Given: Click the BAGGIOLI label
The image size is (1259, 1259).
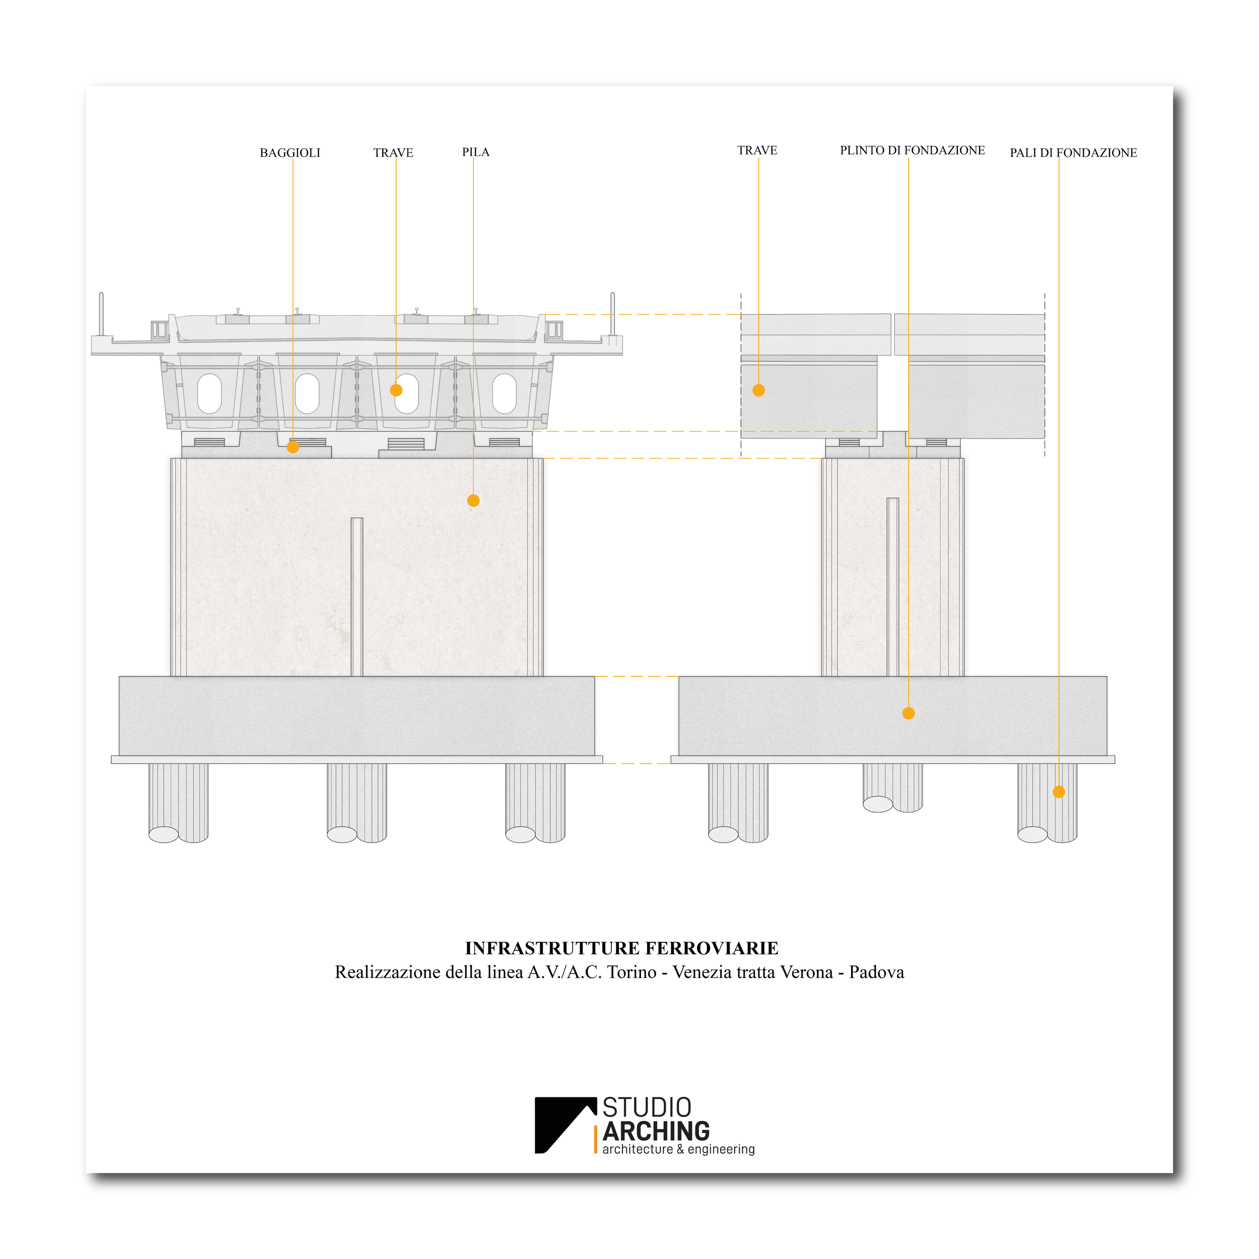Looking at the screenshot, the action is [290, 153].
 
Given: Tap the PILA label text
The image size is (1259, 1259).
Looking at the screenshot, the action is [476, 153].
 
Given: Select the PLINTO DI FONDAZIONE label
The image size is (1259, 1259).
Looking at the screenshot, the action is [913, 151].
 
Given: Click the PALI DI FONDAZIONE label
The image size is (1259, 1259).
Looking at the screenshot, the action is [1073, 153].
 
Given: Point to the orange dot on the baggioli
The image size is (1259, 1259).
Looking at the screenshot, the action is [293, 447].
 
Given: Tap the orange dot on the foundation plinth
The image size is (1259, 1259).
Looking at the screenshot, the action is [908, 714].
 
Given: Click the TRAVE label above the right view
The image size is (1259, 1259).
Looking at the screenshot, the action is [757, 151].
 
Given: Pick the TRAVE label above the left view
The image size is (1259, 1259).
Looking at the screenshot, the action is [393, 153].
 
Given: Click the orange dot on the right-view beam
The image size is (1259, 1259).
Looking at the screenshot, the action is [758, 390].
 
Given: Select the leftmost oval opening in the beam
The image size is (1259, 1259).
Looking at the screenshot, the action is [209, 394].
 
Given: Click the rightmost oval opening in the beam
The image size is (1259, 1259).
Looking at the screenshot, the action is [505, 394].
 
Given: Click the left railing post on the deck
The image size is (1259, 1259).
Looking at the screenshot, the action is [101, 314].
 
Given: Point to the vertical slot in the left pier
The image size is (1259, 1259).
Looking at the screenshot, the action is [357, 596].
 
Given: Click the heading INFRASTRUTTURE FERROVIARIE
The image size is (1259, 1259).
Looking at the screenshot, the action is [621, 949].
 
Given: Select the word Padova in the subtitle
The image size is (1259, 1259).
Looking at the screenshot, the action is [876, 973].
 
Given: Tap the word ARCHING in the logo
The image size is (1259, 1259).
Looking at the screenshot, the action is [656, 1131].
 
